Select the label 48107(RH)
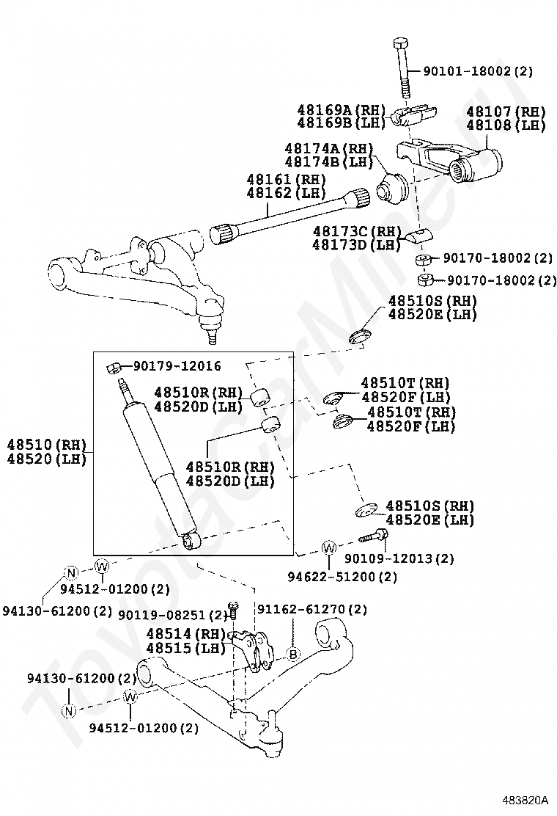click(506, 112)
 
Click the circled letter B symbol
click(292, 654)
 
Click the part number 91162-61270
click(311, 609)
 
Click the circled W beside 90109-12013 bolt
click(329, 547)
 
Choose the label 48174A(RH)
click(329, 148)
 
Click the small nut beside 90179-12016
click(114, 366)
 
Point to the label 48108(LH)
click(506, 125)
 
